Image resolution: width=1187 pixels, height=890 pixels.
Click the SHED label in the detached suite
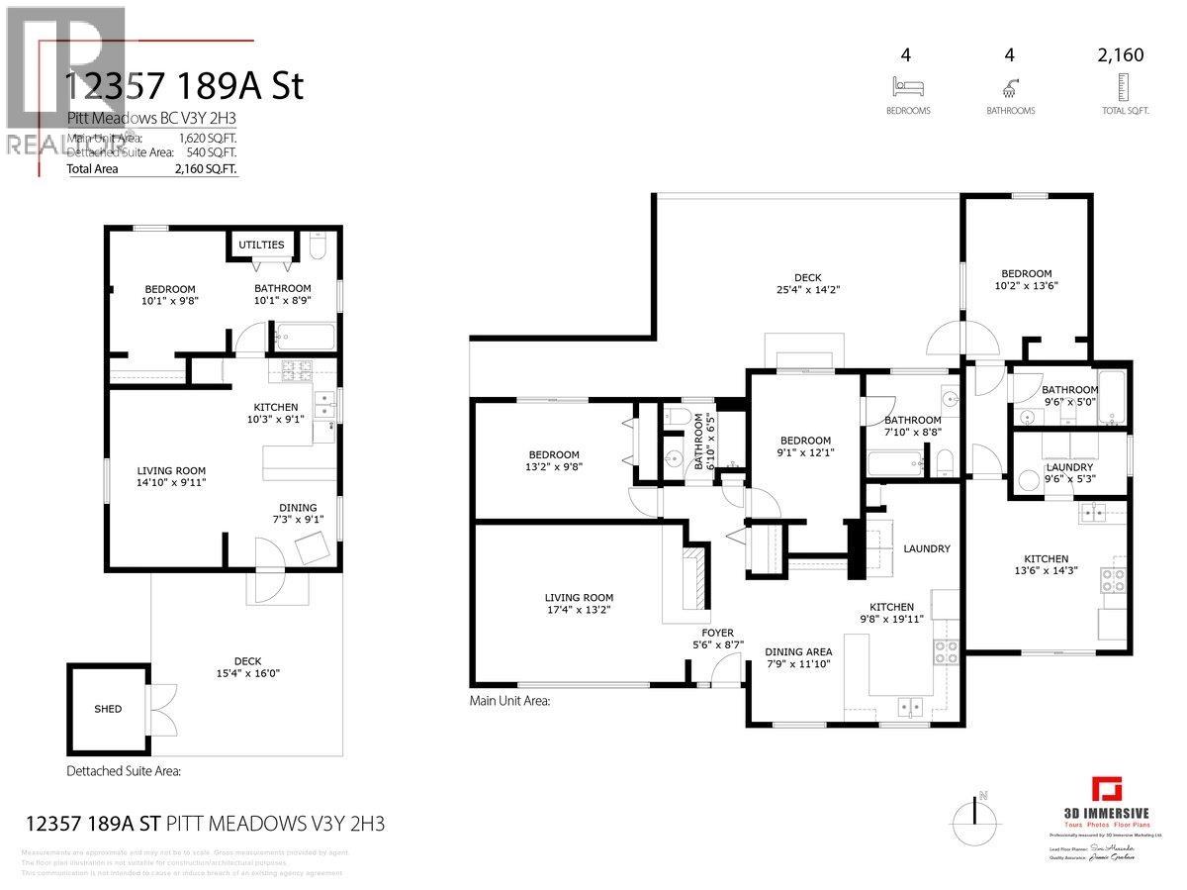108,709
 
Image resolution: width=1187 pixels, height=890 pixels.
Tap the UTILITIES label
261,245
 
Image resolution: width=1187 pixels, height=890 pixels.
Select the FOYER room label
718,631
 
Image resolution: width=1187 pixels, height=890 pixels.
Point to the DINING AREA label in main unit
798,651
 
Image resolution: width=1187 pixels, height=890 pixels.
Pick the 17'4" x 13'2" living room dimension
579,610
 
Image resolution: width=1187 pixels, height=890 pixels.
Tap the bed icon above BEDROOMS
907,85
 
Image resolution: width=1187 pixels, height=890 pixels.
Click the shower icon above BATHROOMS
1010,85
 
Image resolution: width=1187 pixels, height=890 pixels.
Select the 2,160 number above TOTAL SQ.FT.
1120,55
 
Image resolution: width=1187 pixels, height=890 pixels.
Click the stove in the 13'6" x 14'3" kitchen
1114,578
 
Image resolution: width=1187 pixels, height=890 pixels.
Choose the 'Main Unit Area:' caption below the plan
508,701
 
